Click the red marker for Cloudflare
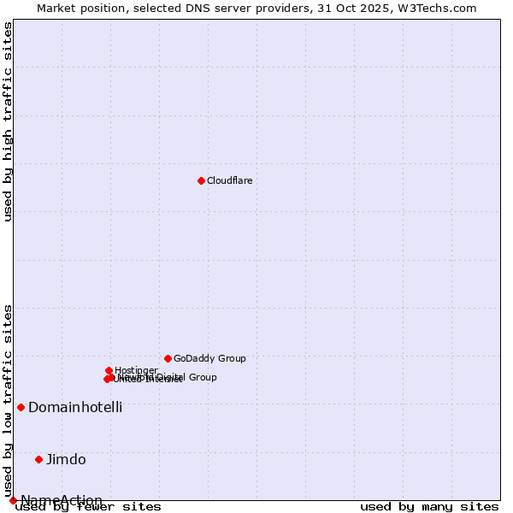coord(201,180)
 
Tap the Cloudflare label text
coord(229,180)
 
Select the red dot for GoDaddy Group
coord(168,358)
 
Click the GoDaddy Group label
coord(209,358)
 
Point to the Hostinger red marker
coord(109,370)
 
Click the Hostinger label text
coord(136,370)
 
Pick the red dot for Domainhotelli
coord(21,407)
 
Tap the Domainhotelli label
coord(75,407)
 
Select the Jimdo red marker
coord(38,459)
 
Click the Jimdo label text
coord(66,459)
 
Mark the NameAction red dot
coord(13,500)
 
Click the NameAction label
coord(62,500)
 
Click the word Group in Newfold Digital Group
coord(202,377)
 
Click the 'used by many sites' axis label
coord(429,507)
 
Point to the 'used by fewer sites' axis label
coord(89,507)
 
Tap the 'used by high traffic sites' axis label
coord(8,122)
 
